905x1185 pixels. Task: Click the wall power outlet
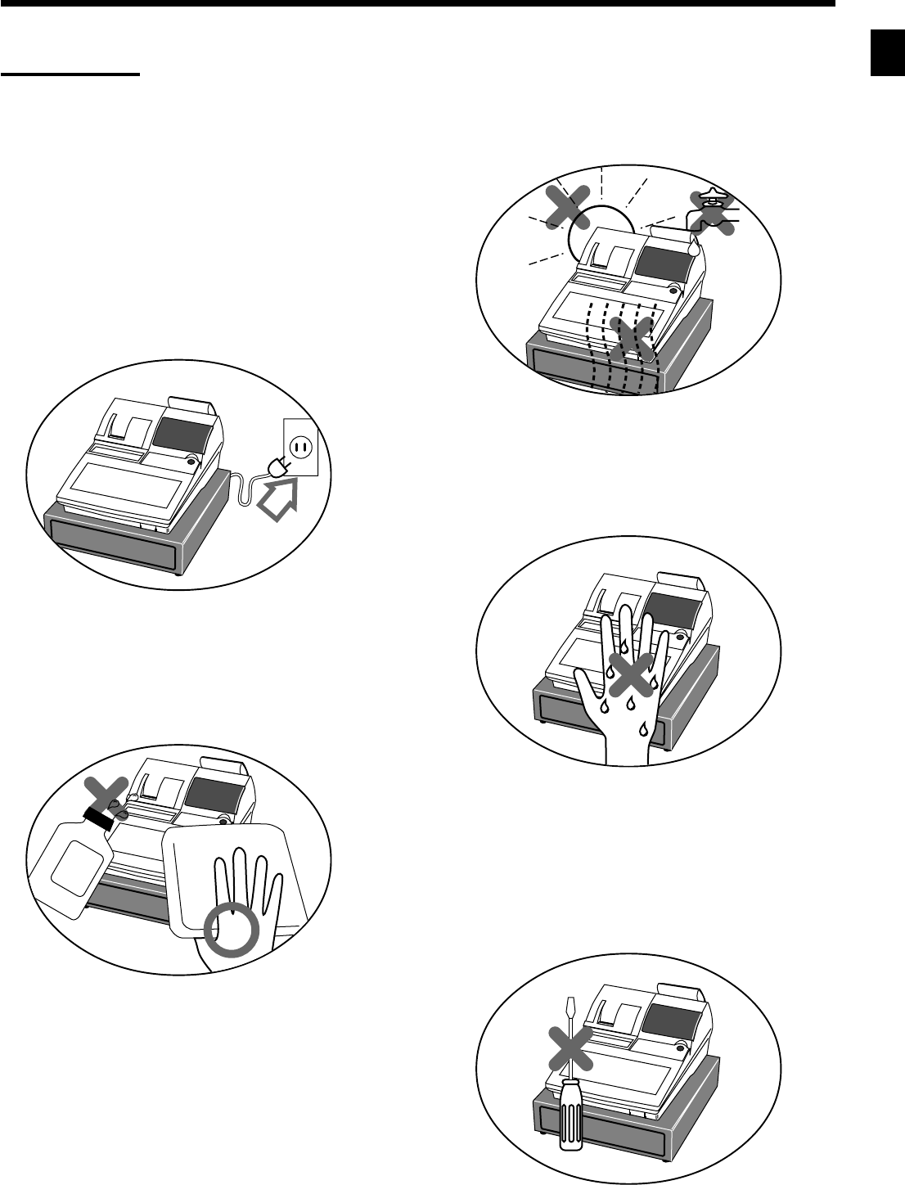tap(299, 447)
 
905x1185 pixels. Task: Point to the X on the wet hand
tap(629, 675)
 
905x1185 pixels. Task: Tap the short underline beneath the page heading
tap(70, 74)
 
